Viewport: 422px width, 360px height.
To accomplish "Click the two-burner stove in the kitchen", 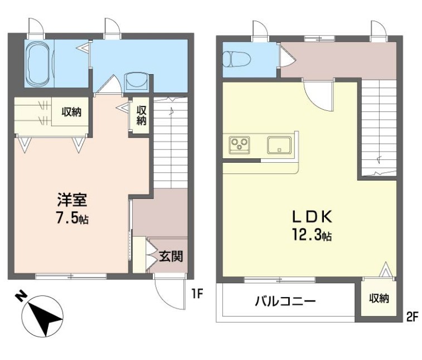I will pos(240,145).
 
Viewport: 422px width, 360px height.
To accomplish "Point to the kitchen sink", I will pos(278,145).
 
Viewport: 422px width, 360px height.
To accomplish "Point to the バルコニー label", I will pos(285,301).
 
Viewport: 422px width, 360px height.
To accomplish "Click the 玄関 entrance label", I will pos(170,257).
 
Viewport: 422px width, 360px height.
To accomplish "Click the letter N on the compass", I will pos(21,296).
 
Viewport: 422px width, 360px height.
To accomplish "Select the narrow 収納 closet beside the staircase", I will pos(141,115).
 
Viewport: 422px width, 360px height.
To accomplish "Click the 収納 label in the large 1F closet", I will pos(71,112).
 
